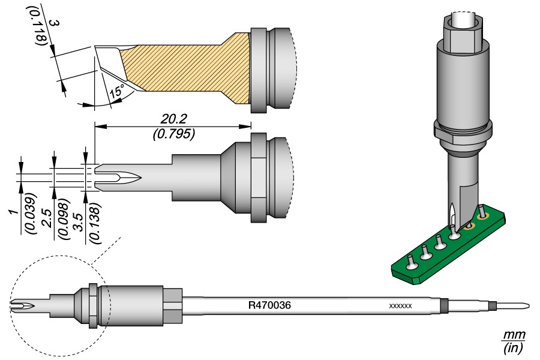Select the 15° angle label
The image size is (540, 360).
click(x=116, y=92)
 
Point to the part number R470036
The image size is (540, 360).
click(x=269, y=305)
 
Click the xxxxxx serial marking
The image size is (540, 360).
click(x=400, y=306)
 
